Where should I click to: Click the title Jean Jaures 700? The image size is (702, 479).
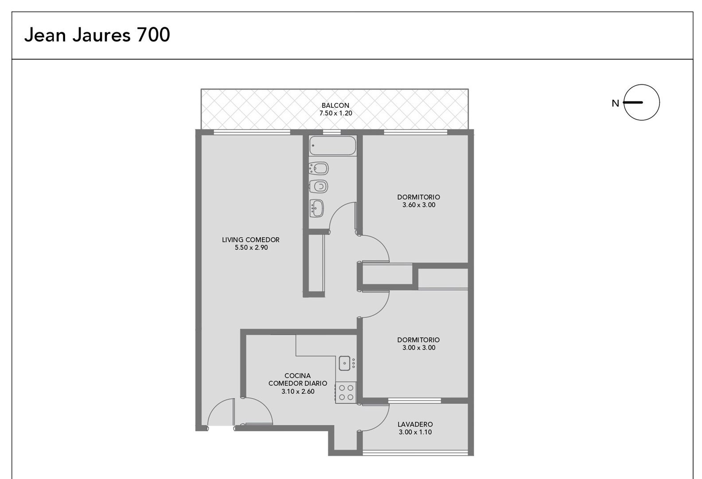pyautogui.click(x=97, y=35)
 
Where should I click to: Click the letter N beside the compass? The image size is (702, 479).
pyautogui.click(x=615, y=103)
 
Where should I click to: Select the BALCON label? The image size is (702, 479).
pyautogui.click(x=335, y=106)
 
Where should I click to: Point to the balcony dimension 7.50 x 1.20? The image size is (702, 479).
pyautogui.click(x=335, y=113)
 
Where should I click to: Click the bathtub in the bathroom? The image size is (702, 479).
pyautogui.click(x=332, y=145)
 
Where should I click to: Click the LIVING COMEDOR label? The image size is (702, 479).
pyautogui.click(x=251, y=240)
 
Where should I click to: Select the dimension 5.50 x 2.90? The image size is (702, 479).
pyautogui.click(x=251, y=247)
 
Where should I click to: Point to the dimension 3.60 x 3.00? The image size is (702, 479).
pyautogui.click(x=419, y=205)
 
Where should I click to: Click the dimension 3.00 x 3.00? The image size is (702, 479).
pyautogui.click(x=419, y=348)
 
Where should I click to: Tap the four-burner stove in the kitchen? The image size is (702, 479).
pyautogui.click(x=346, y=393)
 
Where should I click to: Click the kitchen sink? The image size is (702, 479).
pyautogui.click(x=344, y=363)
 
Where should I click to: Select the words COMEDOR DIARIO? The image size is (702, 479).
pyautogui.click(x=298, y=383)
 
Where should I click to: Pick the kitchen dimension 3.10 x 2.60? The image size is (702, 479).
pyautogui.click(x=298, y=392)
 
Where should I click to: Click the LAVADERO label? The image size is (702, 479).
pyautogui.click(x=415, y=424)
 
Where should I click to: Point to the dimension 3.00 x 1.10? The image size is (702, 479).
pyautogui.click(x=415, y=432)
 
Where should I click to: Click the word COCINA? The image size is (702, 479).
pyautogui.click(x=297, y=376)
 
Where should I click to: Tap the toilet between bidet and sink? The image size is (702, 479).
pyautogui.click(x=318, y=187)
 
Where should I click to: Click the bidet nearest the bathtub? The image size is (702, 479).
pyautogui.click(x=319, y=169)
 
